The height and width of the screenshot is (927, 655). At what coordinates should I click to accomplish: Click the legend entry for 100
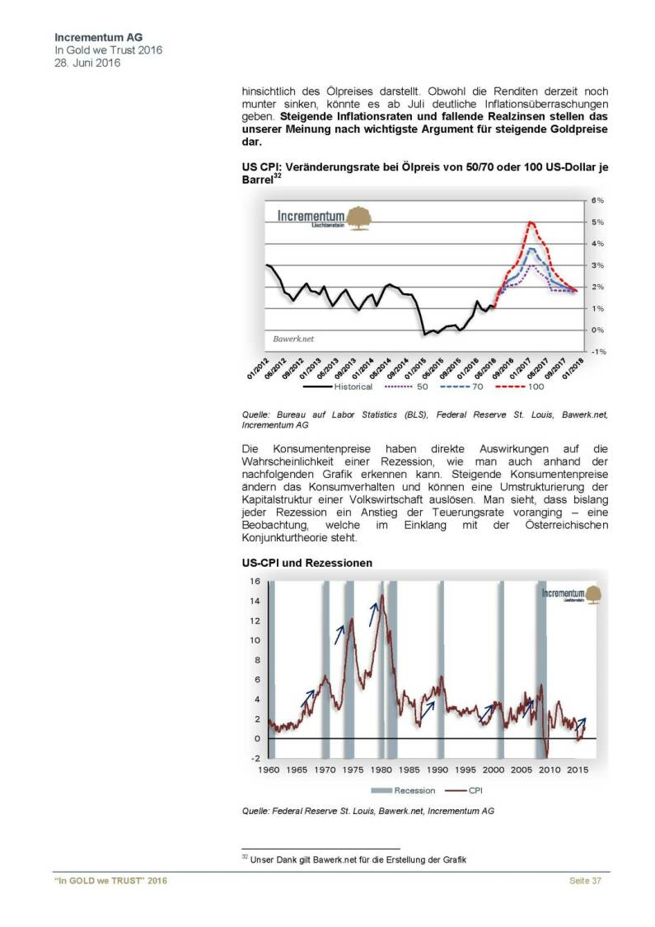click(529, 386)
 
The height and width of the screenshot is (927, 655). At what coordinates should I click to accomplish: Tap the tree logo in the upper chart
click(359, 218)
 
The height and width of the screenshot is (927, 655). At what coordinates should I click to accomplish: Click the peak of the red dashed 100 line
click(531, 222)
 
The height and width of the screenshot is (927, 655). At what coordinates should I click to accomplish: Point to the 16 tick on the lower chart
click(255, 582)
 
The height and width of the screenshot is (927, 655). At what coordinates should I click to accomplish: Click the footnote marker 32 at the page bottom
click(245, 857)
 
